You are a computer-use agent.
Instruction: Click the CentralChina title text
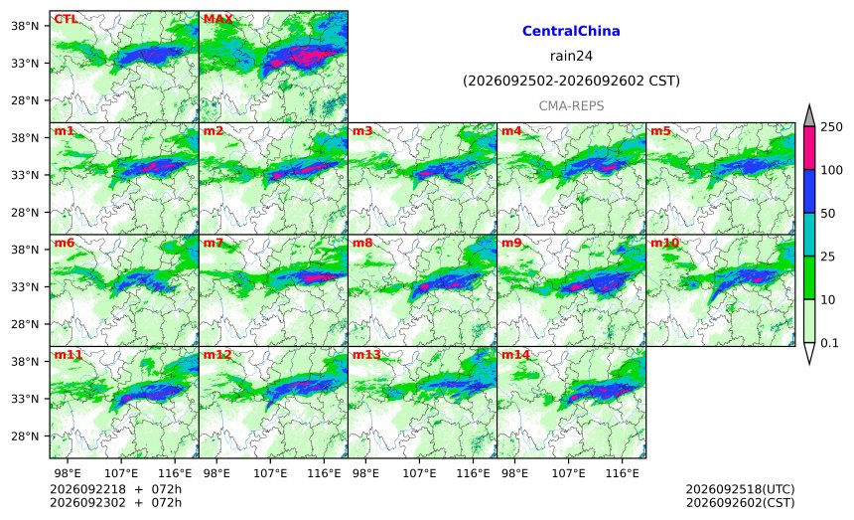tap(571, 31)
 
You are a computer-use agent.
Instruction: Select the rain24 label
tap(571, 56)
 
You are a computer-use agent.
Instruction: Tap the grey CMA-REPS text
tap(571, 105)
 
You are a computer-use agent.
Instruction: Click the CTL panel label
tap(66, 20)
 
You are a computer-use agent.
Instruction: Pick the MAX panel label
tap(217, 20)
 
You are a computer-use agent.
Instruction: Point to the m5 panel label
tap(660, 131)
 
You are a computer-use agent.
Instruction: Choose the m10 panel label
tap(664, 244)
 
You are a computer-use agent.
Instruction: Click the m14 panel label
tap(515, 355)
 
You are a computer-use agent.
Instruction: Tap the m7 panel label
tap(213, 244)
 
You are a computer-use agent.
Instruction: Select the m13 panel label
tap(366, 355)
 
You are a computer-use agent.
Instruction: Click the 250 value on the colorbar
tap(832, 127)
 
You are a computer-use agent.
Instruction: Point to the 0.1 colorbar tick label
tap(829, 343)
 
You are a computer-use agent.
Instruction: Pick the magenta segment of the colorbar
tap(808, 148)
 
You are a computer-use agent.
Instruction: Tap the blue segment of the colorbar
tap(808, 191)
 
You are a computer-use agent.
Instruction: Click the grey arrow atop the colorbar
tap(808, 116)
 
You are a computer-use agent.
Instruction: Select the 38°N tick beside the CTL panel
tap(25, 26)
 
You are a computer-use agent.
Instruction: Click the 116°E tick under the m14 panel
tap(622, 473)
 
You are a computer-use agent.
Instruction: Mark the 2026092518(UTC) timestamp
tap(740, 489)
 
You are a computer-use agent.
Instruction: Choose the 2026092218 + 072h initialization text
tap(115, 489)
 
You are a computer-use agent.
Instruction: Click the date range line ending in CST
tap(571, 82)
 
